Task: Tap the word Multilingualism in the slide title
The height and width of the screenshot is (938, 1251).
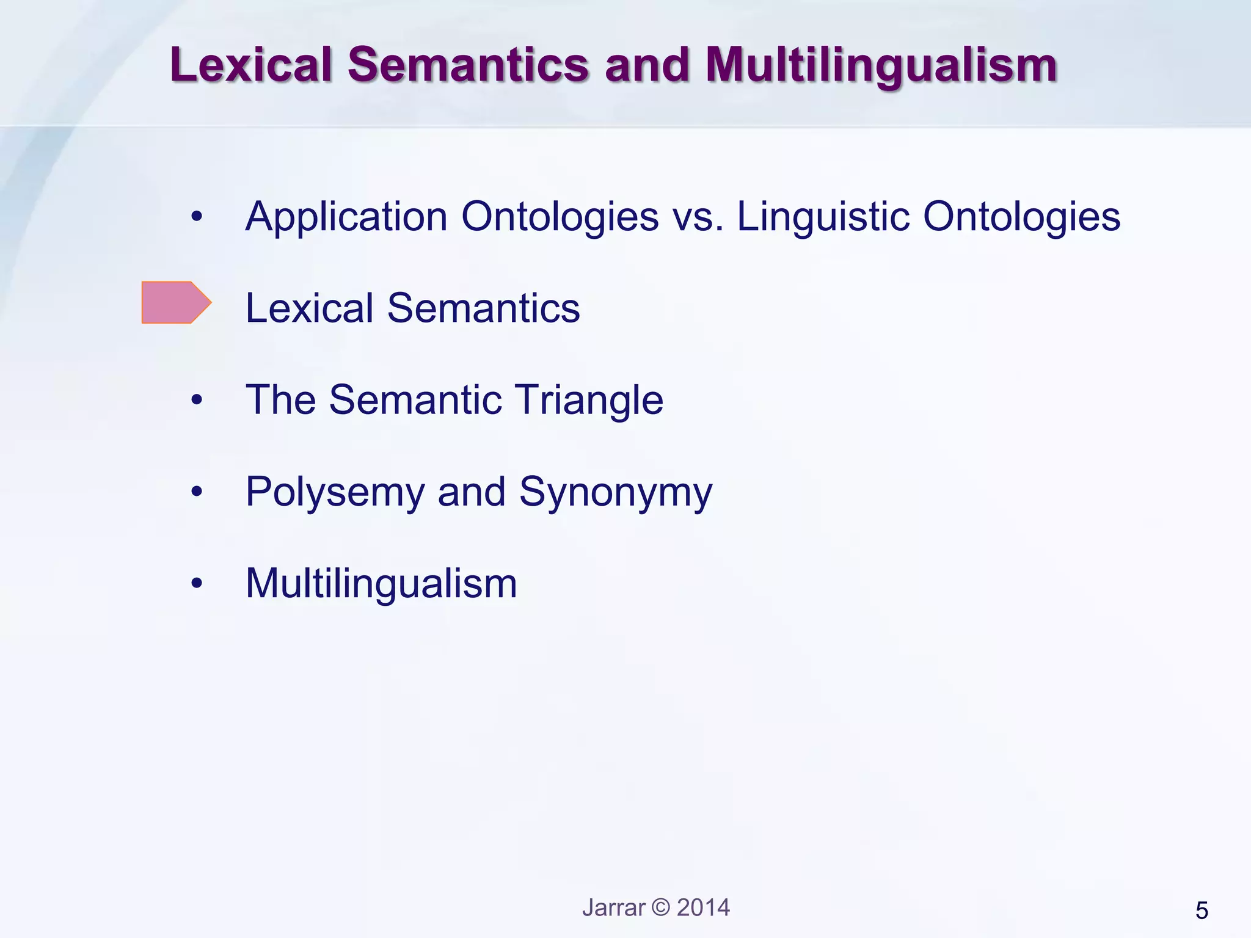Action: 881,66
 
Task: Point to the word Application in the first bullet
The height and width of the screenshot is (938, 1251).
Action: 346,217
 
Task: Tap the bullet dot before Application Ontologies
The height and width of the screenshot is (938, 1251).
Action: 196,217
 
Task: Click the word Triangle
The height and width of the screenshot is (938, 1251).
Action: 589,400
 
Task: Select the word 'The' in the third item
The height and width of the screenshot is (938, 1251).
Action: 280,400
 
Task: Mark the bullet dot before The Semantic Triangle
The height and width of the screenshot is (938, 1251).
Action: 196,401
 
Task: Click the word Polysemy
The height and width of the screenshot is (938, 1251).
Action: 335,492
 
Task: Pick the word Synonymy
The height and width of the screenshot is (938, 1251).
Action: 616,492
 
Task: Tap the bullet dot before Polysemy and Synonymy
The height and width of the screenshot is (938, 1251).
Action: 196,492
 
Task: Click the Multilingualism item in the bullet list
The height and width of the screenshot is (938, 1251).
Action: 381,584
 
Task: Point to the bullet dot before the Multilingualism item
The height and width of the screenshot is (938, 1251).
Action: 196,584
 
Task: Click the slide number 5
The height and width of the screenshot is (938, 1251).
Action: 1202,911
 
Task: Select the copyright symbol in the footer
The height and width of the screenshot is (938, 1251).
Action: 661,907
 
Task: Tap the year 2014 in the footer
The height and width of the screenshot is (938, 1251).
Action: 703,907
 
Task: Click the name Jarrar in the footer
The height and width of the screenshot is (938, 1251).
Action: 613,907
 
